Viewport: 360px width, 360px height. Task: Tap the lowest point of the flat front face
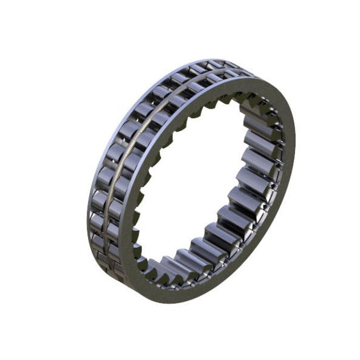(x=159, y=302)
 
